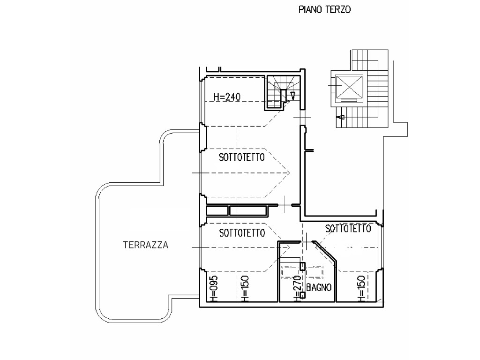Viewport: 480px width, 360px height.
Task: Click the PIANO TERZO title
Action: [x=324, y=10]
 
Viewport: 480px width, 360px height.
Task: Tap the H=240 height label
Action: [x=227, y=97]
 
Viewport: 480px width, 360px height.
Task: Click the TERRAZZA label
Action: [x=146, y=245]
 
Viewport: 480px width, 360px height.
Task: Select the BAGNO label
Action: [x=319, y=287]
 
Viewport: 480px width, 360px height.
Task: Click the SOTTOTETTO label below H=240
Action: [x=242, y=157]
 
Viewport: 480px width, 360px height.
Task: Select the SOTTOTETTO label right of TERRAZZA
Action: [x=242, y=233]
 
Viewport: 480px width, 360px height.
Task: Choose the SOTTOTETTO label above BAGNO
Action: [x=348, y=228]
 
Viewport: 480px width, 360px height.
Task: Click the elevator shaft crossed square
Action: [x=349, y=86]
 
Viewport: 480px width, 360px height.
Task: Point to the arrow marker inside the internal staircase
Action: [x=293, y=96]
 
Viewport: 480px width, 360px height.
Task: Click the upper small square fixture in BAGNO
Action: [x=302, y=266]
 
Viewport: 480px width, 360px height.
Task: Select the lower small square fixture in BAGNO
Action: [x=302, y=295]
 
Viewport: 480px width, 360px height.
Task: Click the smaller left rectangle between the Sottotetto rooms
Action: [x=217, y=211]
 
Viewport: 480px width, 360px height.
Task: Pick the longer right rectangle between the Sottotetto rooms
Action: [x=248, y=211]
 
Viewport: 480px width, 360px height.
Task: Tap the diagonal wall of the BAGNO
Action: [x=325, y=252]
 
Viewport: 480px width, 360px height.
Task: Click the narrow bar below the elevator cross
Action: [x=349, y=100]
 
